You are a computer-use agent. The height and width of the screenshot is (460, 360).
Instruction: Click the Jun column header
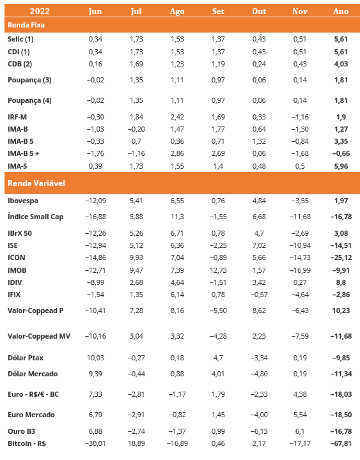pyautogui.click(x=95, y=11)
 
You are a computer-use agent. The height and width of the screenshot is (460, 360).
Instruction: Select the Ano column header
pyautogui.click(x=341, y=11)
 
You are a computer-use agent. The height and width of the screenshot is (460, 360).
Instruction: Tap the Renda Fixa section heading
pyautogui.click(x=26, y=25)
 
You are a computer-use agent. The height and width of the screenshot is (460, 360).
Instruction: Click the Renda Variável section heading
pyautogui.click(x=36, y=183)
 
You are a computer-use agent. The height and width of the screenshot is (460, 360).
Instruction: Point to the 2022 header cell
pyautogui.click(x=40, y=11)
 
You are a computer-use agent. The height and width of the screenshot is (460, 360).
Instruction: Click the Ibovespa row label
pyautogui.click(x=23, y=201)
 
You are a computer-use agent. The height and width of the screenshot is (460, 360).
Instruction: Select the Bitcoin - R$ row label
pyautogui.click(x=27, y=443)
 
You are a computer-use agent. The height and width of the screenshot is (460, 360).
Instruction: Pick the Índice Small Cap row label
pyautogui.click(x=36, y=217)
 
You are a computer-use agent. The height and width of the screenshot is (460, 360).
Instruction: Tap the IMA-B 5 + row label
pyautogui.click(x=23, y=153)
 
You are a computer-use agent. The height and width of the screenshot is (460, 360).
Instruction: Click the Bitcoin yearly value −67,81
pyautogui.click(x=341, y=443)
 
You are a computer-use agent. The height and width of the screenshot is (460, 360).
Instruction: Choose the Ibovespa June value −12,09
pyautogui.click(x=95, y=201)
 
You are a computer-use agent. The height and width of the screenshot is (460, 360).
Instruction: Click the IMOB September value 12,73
pyautogui.click(x=218, y=270)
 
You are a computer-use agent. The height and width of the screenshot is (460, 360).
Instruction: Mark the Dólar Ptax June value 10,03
pyautogui.click(x=95, y=358)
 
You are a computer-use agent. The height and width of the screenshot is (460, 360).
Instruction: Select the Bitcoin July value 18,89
pyautogui.click(x=136, y=443)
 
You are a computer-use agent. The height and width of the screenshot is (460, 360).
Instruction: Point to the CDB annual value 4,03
pyautogui.click(x=341, y=64)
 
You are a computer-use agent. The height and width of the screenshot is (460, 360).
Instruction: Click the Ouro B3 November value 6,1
pyautogui.click(x=300, y=431)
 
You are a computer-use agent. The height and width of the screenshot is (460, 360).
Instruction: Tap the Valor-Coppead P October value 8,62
pyautogui.click(x=259, y=310)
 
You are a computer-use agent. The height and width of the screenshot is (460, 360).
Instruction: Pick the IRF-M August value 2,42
pyautogui.click(x=177, y=117)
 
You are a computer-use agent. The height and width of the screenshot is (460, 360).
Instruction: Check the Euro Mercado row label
pyautogui.click(x=31, y=415)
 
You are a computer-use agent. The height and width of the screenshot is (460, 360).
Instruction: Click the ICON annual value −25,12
pyautogui.click(x=341, y=257)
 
